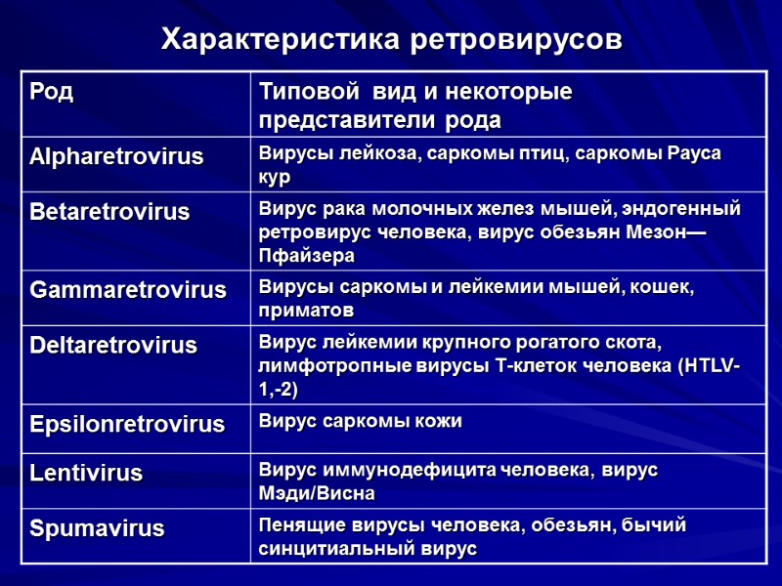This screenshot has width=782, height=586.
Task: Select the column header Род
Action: pyautogui.click(x=52, y=93)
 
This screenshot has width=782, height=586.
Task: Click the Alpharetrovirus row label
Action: pyautogui.click(x=116, y=156)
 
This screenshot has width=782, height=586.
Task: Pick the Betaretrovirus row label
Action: pyautogui.click(x=109, y=212)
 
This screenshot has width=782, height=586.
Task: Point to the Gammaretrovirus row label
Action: pyautogui.click(x=128, y=290)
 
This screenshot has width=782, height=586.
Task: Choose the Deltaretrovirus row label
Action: pyautogui.click(x=113, y=345)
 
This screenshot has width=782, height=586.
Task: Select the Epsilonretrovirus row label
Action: pyautogui.click(x=127, y=424)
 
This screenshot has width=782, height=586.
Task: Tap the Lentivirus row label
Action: pyautogui.click(x=86, y=474)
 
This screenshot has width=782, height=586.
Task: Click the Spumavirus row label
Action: pyautogui.click(x=97, y=529)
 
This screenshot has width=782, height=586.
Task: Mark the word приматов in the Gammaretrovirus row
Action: pyautogui.click(x=305, y=311)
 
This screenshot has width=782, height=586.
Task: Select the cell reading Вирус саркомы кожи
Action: pyautogui.click(x=360, y=421)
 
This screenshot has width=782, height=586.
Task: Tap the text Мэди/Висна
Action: pyautogui.click(x=317, y=494)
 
